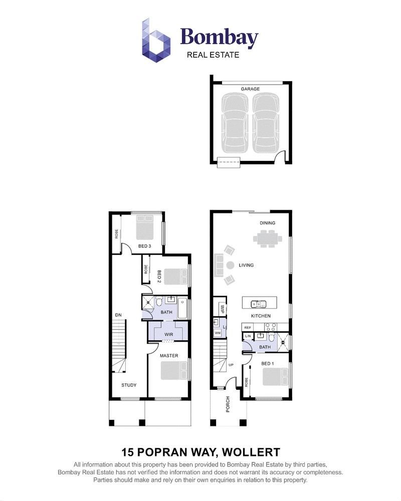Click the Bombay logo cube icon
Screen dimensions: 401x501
coord(156,40)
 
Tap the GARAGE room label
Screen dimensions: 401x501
coord(250,89)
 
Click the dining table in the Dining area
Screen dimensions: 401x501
coord(268,238)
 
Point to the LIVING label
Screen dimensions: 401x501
coord(246,265)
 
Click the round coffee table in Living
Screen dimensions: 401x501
coord(230,265)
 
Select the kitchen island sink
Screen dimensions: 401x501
coord(258,304)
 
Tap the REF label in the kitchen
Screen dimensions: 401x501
coord(248,328)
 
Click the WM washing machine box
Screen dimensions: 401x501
coord(218,333)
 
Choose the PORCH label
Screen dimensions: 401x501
coord(228,404)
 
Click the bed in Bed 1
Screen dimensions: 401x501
coord(275,377)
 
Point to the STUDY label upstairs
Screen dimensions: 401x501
coord(129,385)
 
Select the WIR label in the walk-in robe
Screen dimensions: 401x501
coord(169,335)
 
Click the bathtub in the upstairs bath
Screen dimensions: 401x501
coord(182,308)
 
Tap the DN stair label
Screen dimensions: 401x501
coord(118,315)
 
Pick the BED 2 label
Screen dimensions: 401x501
coord(159,277)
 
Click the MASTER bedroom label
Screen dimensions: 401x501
coord(169,356)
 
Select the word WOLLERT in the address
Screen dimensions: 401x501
coord(251,452)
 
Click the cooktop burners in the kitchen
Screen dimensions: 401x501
coord(271,327)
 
